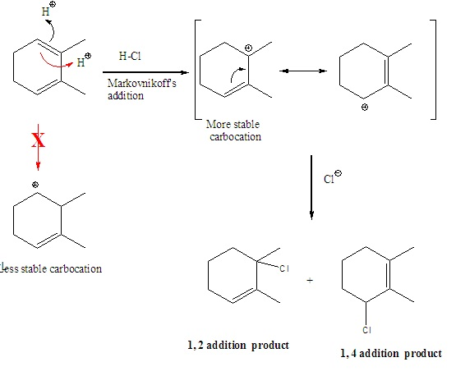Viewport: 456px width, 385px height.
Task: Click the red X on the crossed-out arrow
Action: click(x=38, y=140)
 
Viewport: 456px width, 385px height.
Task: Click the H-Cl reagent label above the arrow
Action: click(x=130, y=56)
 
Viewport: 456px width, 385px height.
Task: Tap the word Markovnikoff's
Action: click(x=141, y=84)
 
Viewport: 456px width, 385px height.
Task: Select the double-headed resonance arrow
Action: click(x=302, y=71)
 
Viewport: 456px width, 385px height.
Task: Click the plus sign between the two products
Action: click(x=310, y=281)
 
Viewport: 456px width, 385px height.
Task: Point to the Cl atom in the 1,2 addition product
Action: click(x=284, y=268)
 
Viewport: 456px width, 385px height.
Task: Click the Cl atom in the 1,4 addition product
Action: click(x=366, y=330)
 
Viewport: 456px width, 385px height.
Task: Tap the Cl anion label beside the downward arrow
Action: click(x=333, y=177)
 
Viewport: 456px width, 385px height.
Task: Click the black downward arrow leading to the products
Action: click(x=311, y=187)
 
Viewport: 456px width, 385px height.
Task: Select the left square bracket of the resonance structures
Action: click(x=196, y=70)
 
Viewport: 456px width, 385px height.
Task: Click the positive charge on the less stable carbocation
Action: click(x=35, y=185)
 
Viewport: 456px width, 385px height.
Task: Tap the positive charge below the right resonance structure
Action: click(x=365, y=108)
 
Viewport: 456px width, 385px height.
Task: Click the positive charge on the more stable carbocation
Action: click(x=248, y=48)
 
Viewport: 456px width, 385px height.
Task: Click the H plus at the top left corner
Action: click(x=48, y=9)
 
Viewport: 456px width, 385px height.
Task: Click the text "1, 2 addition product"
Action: click(x=238, y=346)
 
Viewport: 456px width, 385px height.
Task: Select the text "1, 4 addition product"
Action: click(x=391, y=353)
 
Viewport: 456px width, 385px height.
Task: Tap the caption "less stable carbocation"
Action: click(x=51, y=268)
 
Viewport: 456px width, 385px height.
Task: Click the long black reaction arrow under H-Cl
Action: click(x=145, y=72)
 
